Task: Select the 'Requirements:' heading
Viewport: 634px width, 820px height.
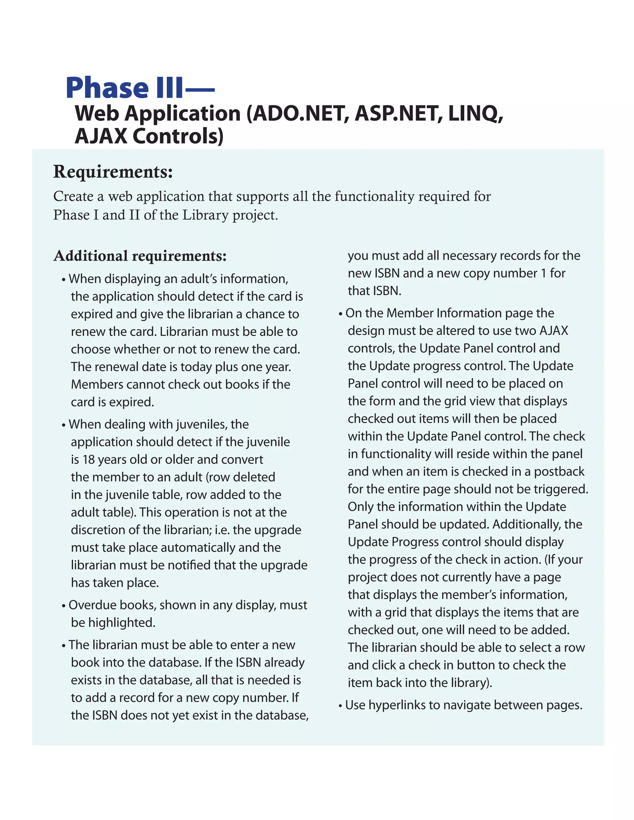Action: pyautogui.click(x=113, y=172)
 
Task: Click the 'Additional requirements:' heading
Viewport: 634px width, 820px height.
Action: pyautogui.click(x=140, y=256)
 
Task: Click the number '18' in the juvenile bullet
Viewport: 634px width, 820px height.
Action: pyautogui.click(x=89, y=460)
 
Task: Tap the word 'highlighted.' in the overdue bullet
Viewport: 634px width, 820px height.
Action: pyautogui.click(x=113, y=623)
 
